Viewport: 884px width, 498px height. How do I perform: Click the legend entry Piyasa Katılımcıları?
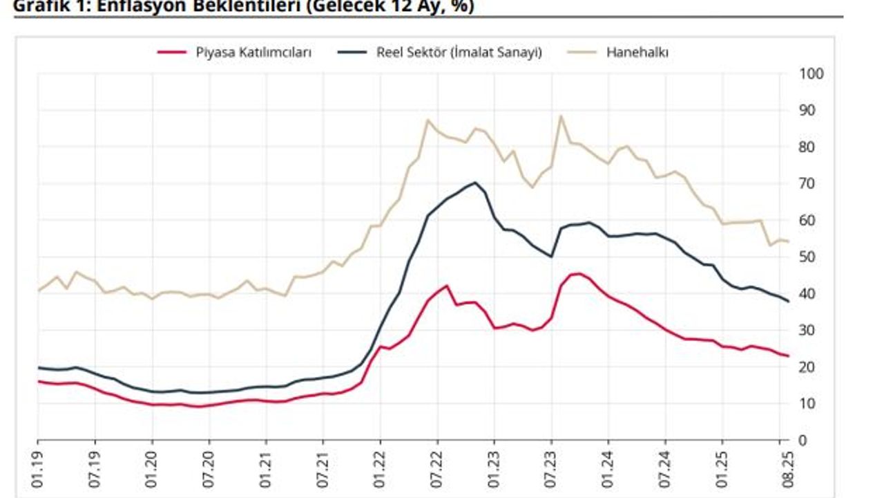coord(253,53)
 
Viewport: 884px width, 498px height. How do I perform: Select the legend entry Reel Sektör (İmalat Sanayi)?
coord(459,53)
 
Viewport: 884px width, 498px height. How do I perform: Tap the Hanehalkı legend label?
coord(637,53)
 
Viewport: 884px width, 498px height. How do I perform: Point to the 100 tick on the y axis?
coord(811,74)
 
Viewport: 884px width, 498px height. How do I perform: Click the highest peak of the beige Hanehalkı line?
coord(561,116)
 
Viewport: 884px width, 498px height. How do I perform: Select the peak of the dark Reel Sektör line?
coord(475,183)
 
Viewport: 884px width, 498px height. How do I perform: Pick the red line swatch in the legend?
coord(172,53)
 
